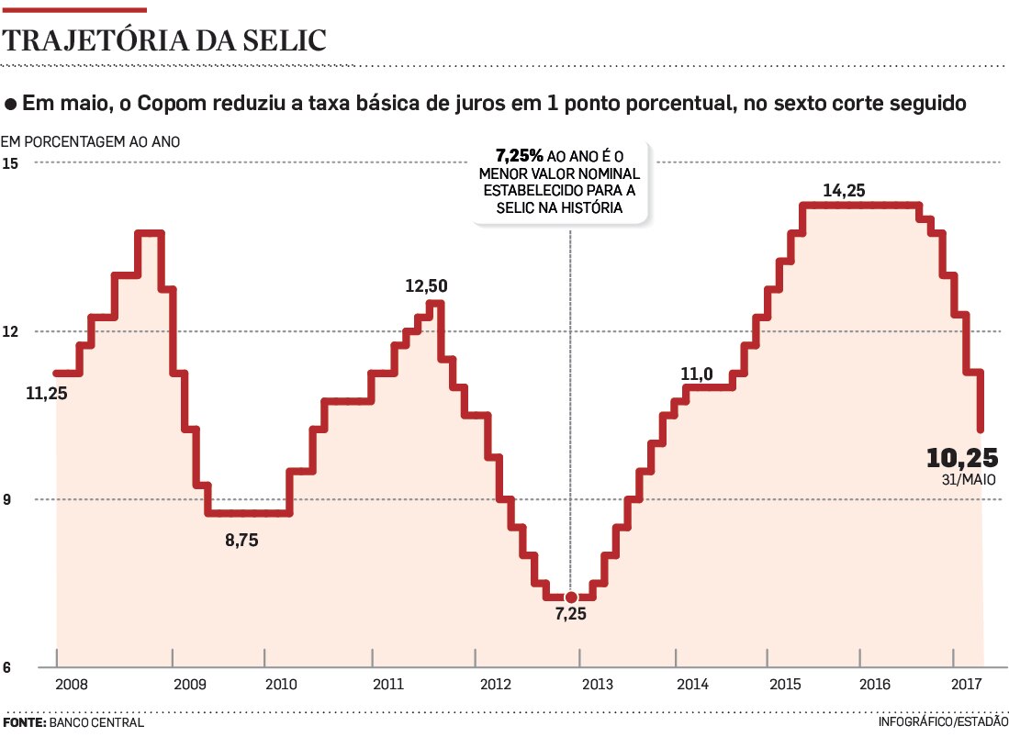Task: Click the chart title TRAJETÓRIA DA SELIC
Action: click(x=165, y=39)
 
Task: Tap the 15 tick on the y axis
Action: click(x=11, y=163)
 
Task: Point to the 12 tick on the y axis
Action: click(x=11, y=331)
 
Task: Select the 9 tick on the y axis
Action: click(x=9, y=499)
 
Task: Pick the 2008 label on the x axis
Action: click(x=72, y=685)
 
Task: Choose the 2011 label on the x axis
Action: click(x=388, y=685)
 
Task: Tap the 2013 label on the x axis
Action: click(x=599, y=685)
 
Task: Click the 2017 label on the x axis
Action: click(x=967, y=685)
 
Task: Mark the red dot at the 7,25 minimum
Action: click(x=571, y=597)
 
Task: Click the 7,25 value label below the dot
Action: click(x=570, y=615)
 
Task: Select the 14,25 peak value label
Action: click(x=845, y=191)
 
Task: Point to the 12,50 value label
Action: click(x=426, y=285)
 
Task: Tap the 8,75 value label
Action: click(x=242, y=541)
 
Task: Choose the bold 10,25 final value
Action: click(x=961, y=458)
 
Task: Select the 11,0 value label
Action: click(x=698, y=374)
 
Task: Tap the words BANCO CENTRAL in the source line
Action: click(x=96, y=722)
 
